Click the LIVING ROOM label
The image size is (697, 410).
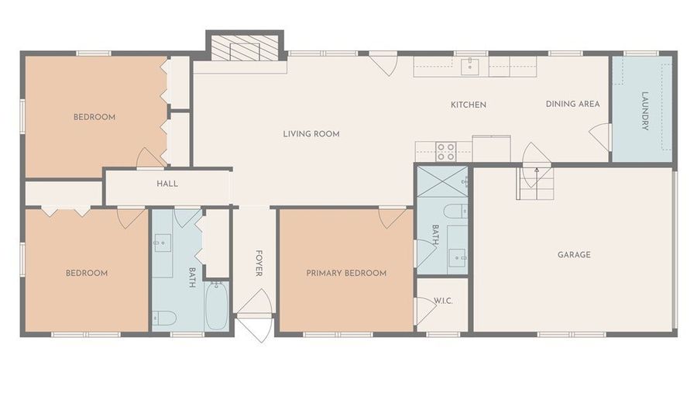tap(311, 134)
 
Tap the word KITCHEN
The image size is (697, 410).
tap(469, 105)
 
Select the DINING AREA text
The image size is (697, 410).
tap(572, 104)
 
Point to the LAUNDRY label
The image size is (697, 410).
tap(645, 111)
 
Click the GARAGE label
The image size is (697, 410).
tap(574, 255)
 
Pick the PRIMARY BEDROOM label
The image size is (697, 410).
tap(346, 273)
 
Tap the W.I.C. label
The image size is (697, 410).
tap(443, 301)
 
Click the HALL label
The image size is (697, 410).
tap(167, 184)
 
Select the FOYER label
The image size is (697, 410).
tap(259, 264)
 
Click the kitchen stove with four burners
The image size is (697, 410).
tap(445, 151)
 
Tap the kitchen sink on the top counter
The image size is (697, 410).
tap(469, 67)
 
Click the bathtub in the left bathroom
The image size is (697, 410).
tap(217, 306)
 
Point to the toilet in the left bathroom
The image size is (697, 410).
tap(164, 318)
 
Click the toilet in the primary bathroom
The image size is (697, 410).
tap(455, 211)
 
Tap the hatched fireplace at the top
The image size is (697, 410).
tap(245, 47)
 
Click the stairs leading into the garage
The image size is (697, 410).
tap(535, 184)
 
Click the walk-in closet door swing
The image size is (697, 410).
tap(426, 311)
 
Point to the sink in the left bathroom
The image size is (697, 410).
tap(163, 243)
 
